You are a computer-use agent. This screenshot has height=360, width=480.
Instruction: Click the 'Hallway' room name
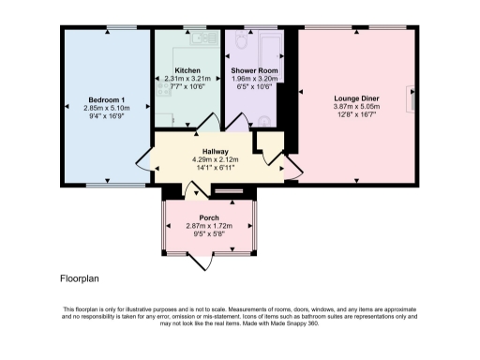point(216,151)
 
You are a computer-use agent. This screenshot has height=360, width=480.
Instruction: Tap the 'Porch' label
point(209,217)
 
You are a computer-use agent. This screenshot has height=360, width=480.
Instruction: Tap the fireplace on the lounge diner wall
point(410,97)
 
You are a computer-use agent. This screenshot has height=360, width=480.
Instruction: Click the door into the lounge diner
point(292,167)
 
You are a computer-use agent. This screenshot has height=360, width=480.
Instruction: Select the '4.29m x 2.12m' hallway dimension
point(216,159)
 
